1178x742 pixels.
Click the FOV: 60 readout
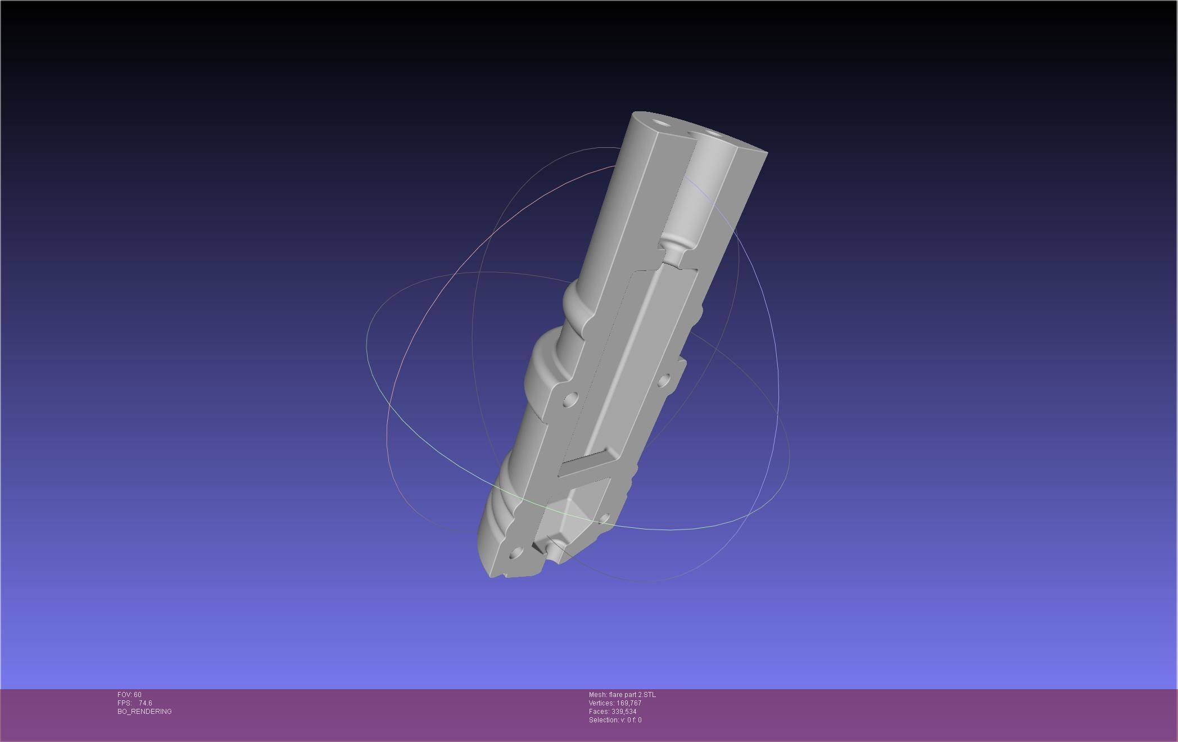[129, 695]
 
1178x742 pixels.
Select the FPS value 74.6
[145, 703]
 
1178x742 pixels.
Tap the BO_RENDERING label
[144, 712]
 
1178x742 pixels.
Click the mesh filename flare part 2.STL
[622, 695]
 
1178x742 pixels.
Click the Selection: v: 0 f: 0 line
[615, 720]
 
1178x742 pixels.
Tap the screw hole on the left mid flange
[570, 400]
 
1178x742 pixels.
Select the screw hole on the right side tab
[664, 381]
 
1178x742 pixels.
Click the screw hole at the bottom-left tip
[515, 555]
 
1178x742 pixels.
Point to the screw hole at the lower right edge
[604, 518]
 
